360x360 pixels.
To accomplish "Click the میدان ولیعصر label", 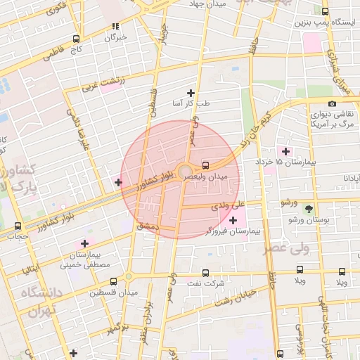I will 206,177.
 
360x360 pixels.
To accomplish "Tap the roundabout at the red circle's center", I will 184,171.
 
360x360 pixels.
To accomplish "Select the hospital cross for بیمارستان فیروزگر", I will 233,221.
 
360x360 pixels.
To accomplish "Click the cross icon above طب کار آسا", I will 190,93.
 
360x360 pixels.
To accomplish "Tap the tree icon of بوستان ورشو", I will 308,209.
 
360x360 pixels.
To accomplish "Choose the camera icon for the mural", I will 332,104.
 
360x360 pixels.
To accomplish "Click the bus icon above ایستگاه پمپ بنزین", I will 324,11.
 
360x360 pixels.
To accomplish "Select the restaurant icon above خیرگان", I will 115,26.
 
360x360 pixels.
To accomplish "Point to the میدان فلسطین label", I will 112,292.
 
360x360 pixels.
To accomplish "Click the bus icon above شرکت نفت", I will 205,273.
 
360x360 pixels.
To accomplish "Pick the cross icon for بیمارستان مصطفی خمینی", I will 85,243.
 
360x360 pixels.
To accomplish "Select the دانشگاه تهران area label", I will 41,302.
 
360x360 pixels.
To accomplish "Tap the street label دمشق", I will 148,226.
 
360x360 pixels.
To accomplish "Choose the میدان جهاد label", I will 207,4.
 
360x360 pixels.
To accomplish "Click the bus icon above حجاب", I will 18,226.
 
